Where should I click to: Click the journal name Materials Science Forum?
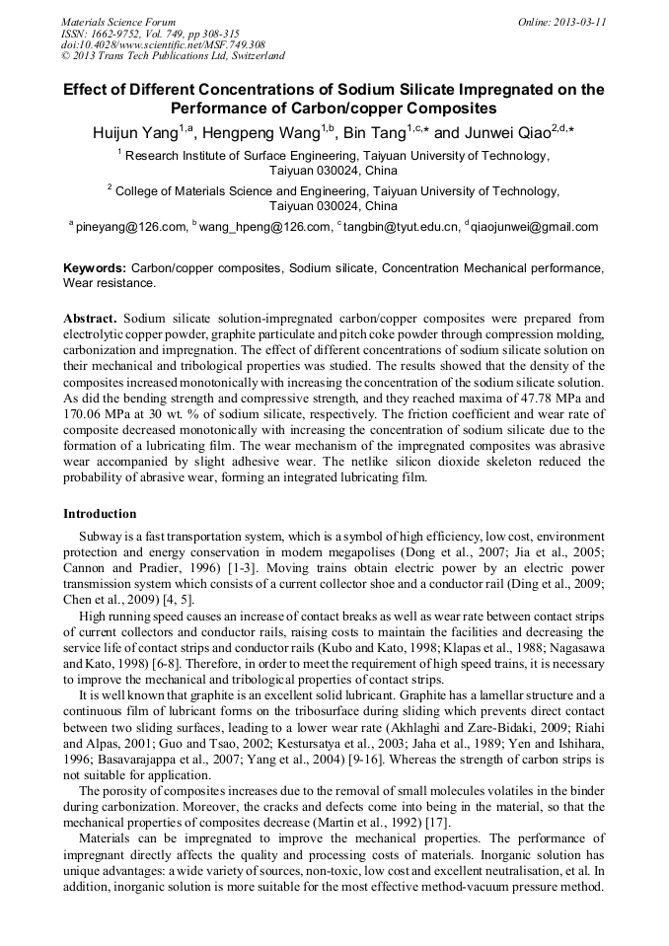pyautogui.click(x=118, y=21)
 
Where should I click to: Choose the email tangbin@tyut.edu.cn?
pyautogui.click(x=402, y=227)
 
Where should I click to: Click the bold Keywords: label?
pyautogui.click(x=95, y=268)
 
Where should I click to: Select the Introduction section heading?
pyautogui.click(x=100, y=514)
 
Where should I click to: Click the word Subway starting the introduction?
pyautogui.click(x=101, y=537)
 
